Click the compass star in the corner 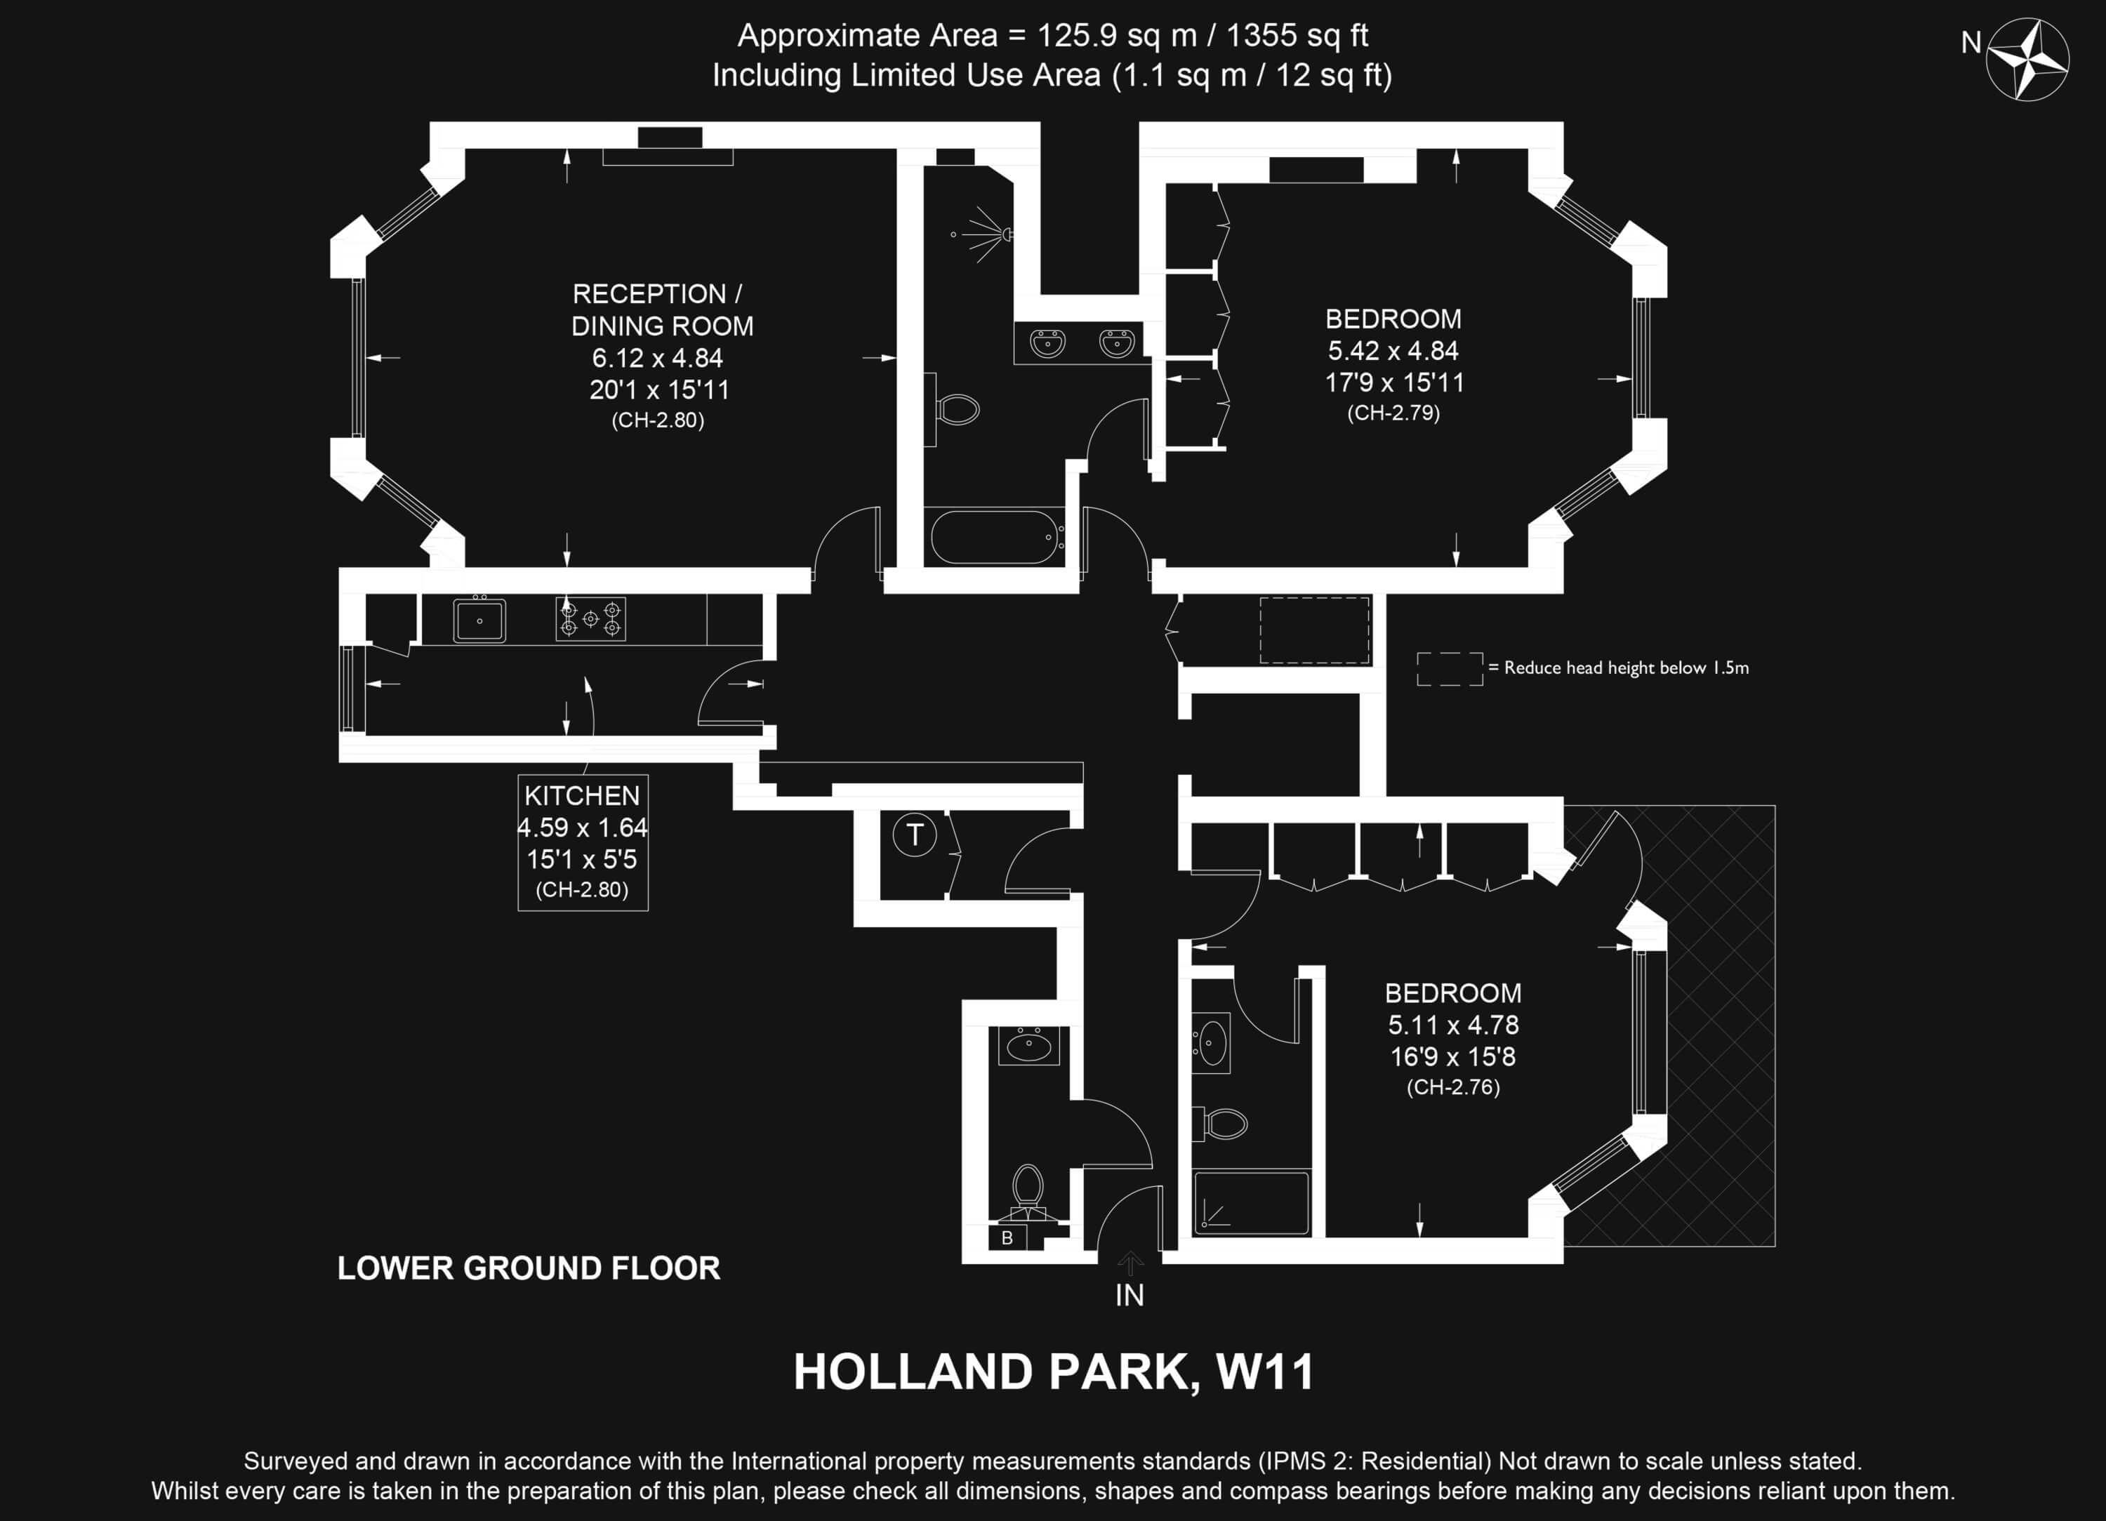[x=2027, y=60]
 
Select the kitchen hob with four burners [x=590, y=618]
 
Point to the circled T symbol [x=915, y=834]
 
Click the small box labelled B [x=1007, y=1237]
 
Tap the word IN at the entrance [x=1130, y=1296]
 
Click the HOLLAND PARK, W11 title [x=1054, y=1371]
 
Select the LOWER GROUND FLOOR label [x=529, y=1268]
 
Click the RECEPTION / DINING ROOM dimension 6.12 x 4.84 [x=658, y=357]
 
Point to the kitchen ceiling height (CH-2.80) [x=582, y=889]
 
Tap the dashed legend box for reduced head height [x=1450, y=669]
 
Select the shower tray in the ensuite [x=1251, y=1202]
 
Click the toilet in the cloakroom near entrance [x=1028, y=1191]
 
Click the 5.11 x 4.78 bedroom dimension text [x=1453, y=1025]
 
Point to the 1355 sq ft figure [x=1297, y=35]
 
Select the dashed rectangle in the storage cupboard [x=1315, y=630]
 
